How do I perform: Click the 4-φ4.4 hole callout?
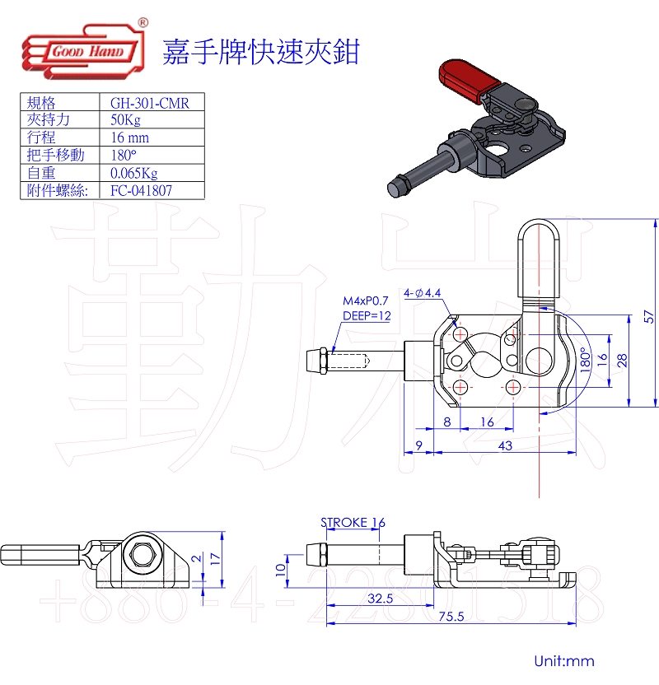coord(423,292)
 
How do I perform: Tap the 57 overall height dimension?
coord(648,316)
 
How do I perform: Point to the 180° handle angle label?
coord(583,360)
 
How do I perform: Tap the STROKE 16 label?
coord(353,522)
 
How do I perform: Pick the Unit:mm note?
coord(563,661)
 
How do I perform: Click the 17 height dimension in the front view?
coord(215,557)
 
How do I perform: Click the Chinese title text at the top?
coord(260,52)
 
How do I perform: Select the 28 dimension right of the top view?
coord(623,360)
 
